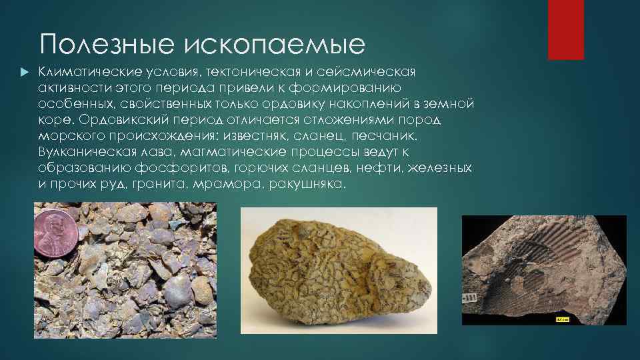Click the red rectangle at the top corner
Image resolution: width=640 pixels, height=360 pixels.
pos(565,29)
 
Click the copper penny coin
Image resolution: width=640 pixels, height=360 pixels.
pos(56,234)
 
